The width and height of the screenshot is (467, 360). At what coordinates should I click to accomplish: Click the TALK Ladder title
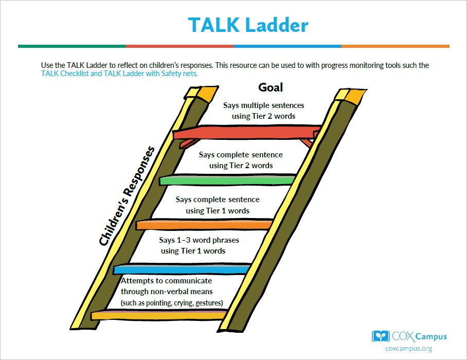point(248,25)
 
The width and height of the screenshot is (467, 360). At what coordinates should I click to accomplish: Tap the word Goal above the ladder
point(271,87)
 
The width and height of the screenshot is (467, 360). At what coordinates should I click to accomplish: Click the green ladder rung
point(228,180)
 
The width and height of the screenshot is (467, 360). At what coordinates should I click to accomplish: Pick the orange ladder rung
point(204,225)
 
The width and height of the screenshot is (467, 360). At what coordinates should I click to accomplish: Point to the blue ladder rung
point(182,269)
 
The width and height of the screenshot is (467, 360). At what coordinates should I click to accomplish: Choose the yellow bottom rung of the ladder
point(159,315)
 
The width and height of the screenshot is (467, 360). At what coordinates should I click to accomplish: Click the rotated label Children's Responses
point(127,196)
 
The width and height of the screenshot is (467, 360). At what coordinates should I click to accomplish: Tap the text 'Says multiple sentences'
point(263,105)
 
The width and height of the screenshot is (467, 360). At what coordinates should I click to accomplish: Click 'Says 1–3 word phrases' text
point(199,240)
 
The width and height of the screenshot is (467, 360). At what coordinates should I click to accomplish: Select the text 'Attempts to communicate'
point(167,281)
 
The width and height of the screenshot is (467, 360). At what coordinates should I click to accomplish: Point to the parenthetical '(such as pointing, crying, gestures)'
point(172,303)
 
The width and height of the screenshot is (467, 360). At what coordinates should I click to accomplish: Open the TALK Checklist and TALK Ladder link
point(119,74)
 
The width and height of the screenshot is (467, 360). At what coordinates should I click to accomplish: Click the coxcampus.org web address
point(408,349)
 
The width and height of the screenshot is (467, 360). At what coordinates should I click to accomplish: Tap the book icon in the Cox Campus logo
point(381,336)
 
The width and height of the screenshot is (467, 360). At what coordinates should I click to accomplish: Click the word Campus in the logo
point(430,337)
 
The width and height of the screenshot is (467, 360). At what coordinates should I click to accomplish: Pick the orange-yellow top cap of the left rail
point(202,94)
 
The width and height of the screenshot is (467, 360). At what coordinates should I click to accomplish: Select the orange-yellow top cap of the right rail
point(351,96)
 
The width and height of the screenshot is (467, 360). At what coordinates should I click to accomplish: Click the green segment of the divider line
point(72,46)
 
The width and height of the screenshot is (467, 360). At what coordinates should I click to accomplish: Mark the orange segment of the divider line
point(395,46)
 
